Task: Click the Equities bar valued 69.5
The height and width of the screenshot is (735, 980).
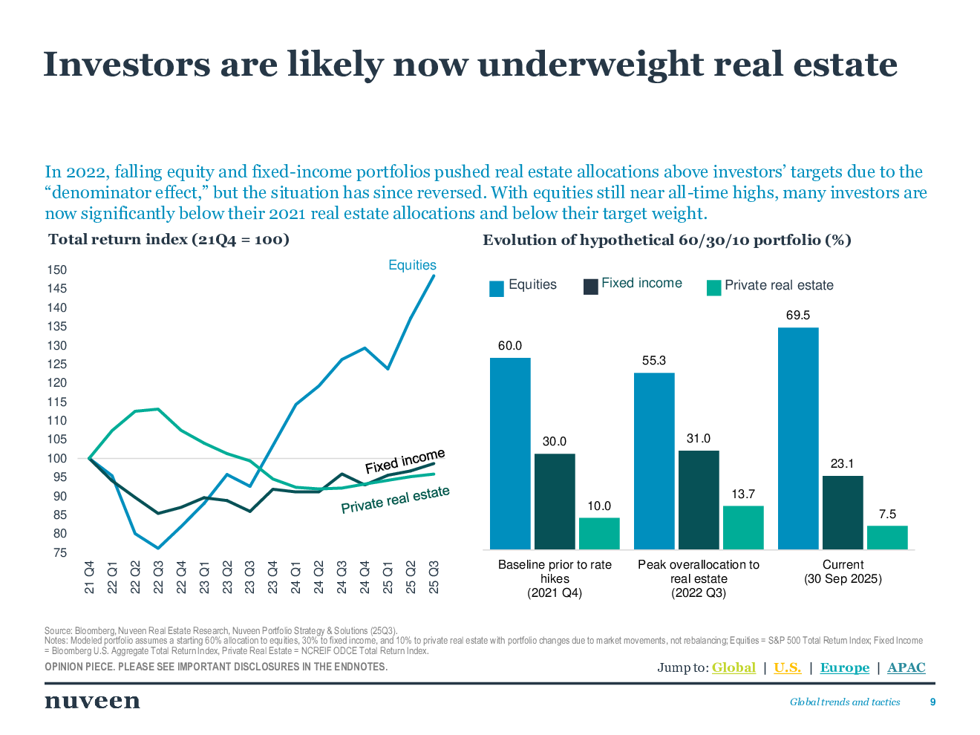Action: pyautogui.click(x=798, y=438)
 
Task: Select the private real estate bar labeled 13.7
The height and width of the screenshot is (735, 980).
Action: pyautogui.click(x=743, y=528)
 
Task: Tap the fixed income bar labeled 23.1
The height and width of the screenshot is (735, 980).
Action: pyautogui.click(x=843, y=512)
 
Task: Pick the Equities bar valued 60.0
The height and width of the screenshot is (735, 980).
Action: pyautogui.click(x=510, y=454)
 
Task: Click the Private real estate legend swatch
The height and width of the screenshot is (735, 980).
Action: pyautogui.click(x=713, y=287)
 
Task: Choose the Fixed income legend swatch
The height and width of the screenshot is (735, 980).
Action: pyautogui.click(x=591, y=287)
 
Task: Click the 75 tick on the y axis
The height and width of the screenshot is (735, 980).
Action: pyautogui.click(x=59, y=553)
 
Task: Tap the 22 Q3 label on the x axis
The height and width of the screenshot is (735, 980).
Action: pyautogui.click(x=158, y=578)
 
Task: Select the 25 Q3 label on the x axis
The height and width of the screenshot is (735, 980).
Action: pyautogui.click(x=434, y=578)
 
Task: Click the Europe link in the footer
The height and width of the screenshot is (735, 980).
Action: pyautogui.click(x=844, y=667)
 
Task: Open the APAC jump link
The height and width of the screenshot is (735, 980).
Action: pyautogui.click(x=906, y=667)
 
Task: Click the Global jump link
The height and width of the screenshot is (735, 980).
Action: pyautogui.click(x=734, y=667)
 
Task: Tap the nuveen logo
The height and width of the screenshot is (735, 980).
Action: pyautogui.click(x=92, y=701)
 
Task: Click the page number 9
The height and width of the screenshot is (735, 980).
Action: pyautogui.click(x=932, y=702)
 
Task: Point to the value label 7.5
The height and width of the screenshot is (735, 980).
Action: pyautogui.click(x=887, y=514)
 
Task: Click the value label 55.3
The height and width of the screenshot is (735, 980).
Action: pyautogui.click(x=654, y=361)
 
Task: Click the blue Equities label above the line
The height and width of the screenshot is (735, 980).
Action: pyautogui.click(x=412, y=265)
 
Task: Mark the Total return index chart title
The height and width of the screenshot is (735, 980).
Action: pyautogui.click(x=169, y=239)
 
